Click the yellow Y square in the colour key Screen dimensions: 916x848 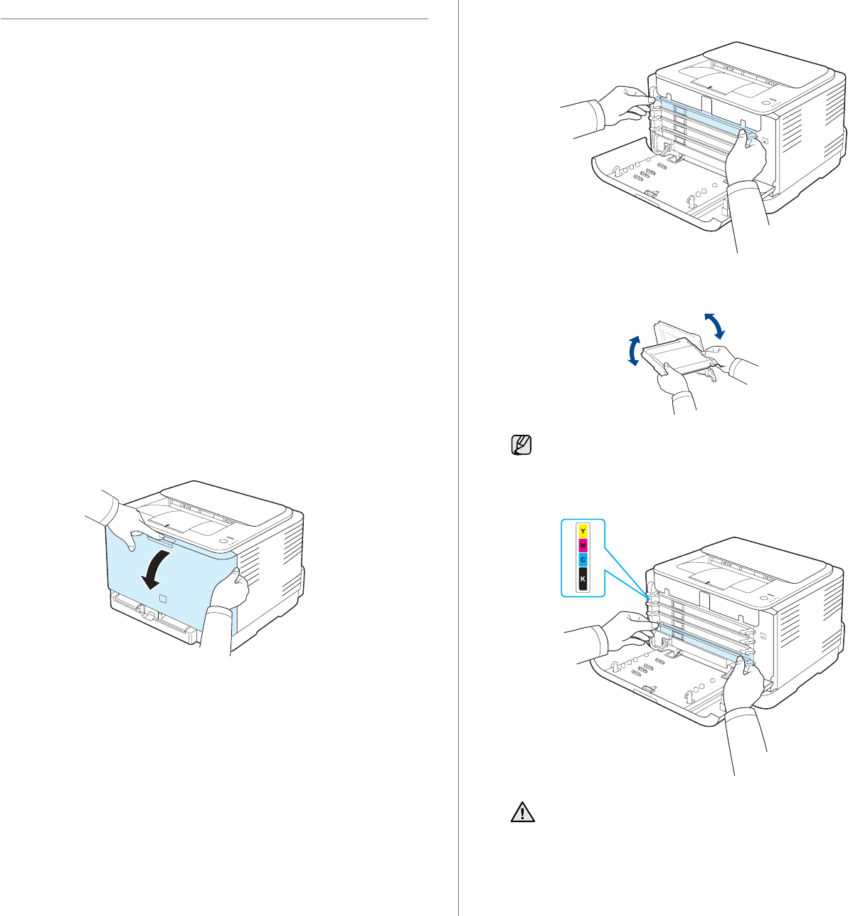[583, 531]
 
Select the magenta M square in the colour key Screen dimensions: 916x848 [583, 546]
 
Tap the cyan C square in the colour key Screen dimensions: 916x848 [583, 561]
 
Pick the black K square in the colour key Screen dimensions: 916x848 [583, 579]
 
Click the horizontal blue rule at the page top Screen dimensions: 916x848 [214, 19]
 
